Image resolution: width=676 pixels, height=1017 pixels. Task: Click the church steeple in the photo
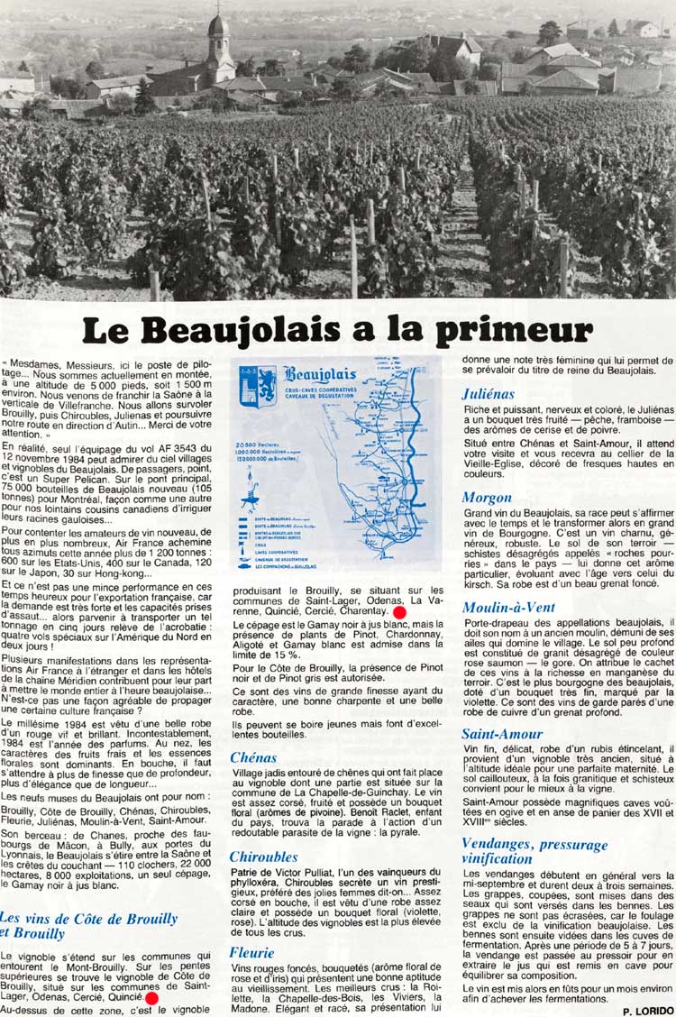(x=219, y=41)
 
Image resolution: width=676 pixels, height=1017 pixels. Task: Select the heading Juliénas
(x=488, y=393)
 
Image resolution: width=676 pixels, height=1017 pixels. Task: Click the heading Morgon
(x=487, y=497)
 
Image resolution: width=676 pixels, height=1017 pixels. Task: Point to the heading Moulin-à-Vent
(x=509, y=607)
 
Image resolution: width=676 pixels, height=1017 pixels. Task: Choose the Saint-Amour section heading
(x=502, y=734)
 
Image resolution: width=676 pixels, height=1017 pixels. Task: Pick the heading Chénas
(x=255, y=757)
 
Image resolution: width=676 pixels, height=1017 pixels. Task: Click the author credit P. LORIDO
(x=646, y=1011)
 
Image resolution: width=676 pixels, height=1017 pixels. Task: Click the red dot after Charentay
(x=400, y=612)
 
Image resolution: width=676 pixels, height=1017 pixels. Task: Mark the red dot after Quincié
(x=151, y=998)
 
